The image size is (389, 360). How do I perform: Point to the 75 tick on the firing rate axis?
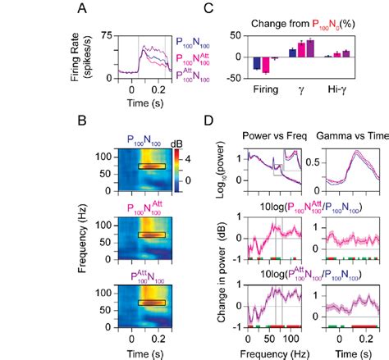(105, 34)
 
